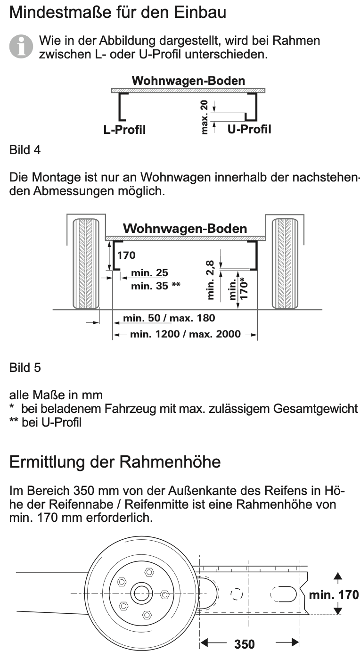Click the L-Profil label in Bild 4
[124, 129]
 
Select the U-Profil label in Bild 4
[249, 129]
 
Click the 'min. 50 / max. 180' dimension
[169, 318]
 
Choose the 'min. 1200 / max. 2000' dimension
[185, 335]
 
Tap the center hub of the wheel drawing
[140, 593]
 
